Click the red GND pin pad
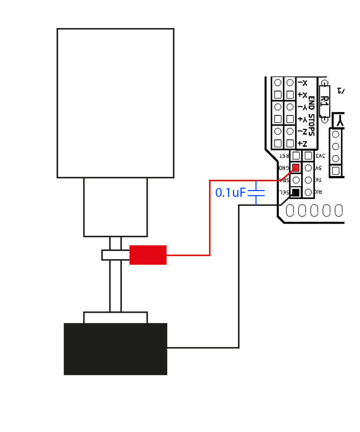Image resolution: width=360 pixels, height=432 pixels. (x=296, y=168)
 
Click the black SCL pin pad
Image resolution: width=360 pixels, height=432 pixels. (x=296, y=192)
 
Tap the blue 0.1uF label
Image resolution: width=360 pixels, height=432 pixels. (x=230, y=193)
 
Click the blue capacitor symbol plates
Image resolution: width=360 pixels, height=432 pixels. (x=256, y=193)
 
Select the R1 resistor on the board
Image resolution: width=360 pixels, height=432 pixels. (x=325, y=101)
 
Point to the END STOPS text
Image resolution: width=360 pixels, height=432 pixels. (x=311, y=116)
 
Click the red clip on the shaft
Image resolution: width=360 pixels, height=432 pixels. (x=148, y=255)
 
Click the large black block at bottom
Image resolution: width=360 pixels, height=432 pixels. (x=115, y=349)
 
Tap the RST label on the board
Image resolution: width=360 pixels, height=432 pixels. (x=284, y=156)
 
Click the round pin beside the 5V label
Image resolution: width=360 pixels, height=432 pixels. (x=308, y=168)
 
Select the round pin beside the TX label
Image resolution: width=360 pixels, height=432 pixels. (x=308, y=180)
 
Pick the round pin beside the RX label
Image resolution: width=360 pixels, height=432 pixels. (x=308, y=192)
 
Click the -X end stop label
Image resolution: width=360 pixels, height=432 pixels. (x=302, y=83)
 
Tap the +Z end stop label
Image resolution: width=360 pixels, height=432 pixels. (x=302, y=143)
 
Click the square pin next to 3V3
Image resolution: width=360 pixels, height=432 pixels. (x=308, y=156)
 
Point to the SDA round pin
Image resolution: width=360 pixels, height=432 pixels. (x=296, y=180)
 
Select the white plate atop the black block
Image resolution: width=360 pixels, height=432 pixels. (x=115, y=317)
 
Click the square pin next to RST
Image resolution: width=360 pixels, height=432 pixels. (x=296, y=156)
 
